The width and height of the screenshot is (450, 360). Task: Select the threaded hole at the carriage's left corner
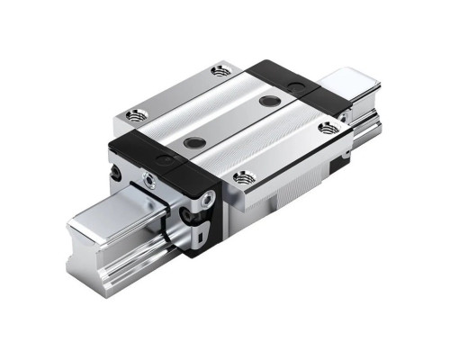[x=136, y=114]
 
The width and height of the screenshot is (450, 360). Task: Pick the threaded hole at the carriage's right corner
[x=328, y=128]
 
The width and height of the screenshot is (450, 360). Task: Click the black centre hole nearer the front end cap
[x=190, y=141]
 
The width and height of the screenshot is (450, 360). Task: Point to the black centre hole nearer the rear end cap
[x=266, y=101]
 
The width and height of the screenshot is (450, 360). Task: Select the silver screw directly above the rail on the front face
[x=149, y=183]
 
